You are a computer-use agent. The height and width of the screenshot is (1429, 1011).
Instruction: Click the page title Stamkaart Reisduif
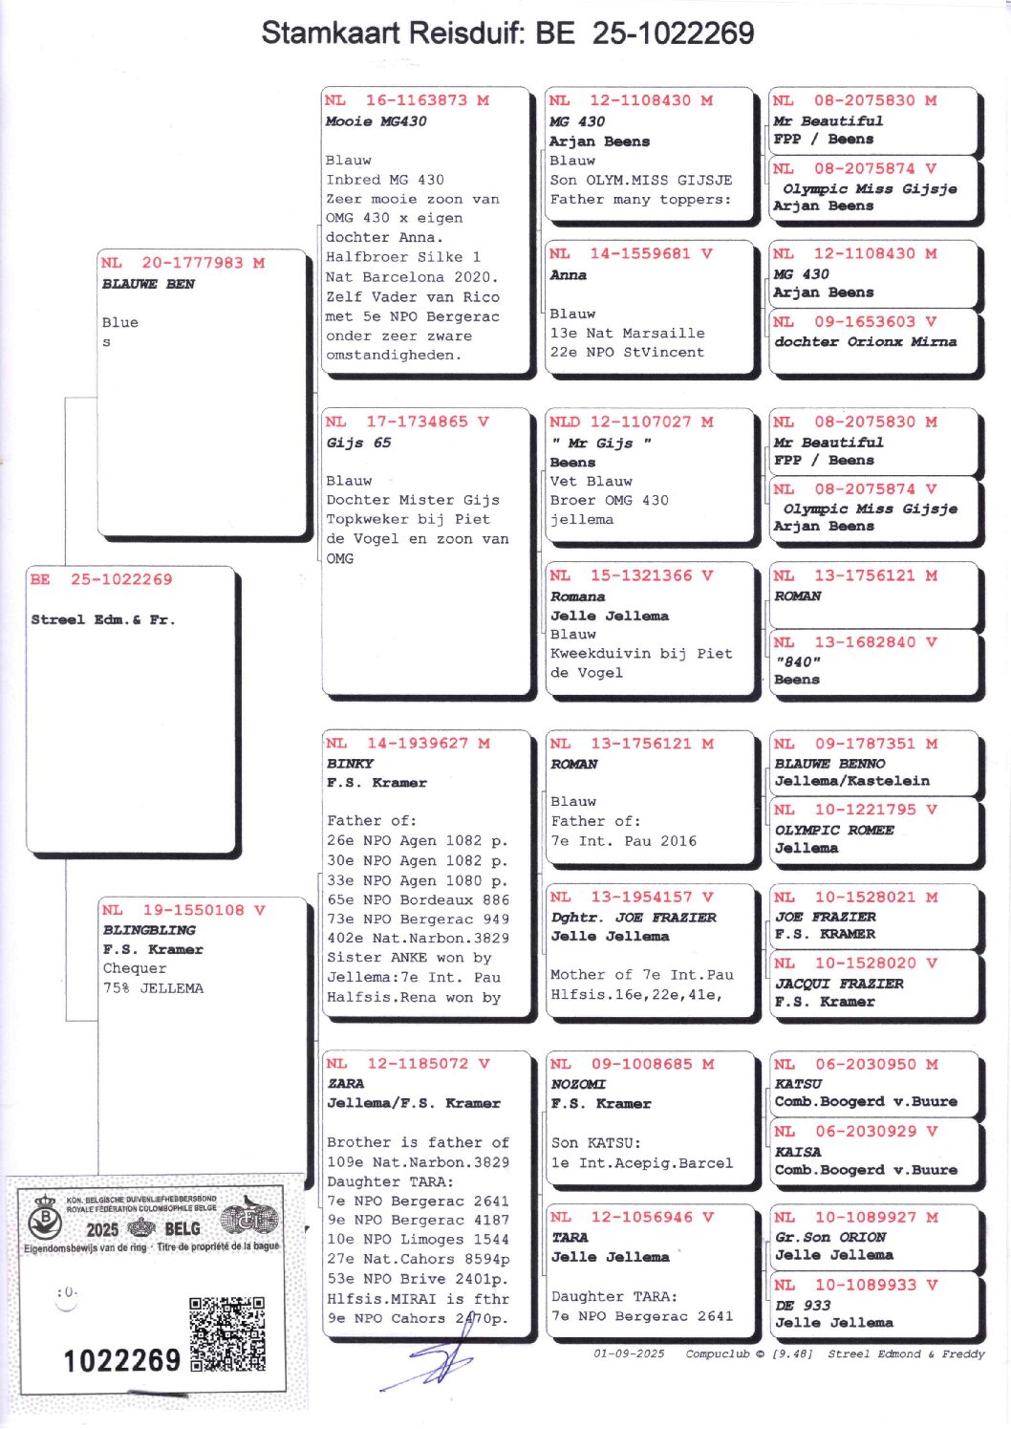(x=507, y=33)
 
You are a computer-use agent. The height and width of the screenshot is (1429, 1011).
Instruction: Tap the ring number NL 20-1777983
(x=183, y=263)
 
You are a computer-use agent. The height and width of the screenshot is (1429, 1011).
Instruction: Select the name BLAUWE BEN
(x=148, y=284)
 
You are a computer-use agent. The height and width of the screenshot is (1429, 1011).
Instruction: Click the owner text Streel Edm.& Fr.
(x=103, y=619)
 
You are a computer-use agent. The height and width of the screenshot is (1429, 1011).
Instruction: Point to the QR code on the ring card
(x=226, y=1333)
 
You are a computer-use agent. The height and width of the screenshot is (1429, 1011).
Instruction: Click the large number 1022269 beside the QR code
(x=121, y=1359)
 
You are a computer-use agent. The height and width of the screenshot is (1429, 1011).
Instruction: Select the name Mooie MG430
(x=376, y=121)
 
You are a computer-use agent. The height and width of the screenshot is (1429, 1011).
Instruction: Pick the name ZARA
(x=345, y=1084)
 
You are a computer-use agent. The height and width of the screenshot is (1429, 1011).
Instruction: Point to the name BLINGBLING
(x=149, y=930)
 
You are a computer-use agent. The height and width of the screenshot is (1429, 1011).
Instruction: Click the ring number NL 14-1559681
(x=631, y=254)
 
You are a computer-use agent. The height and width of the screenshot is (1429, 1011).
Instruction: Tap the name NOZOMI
(x=578, y=1084)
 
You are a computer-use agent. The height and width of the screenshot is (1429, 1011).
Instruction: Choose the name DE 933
(x=803, y=1306)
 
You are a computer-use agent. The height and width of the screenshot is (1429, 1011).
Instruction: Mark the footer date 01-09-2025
(x=629, y=1353)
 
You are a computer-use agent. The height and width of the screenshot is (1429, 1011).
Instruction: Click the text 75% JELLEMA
(x=153, y=988)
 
